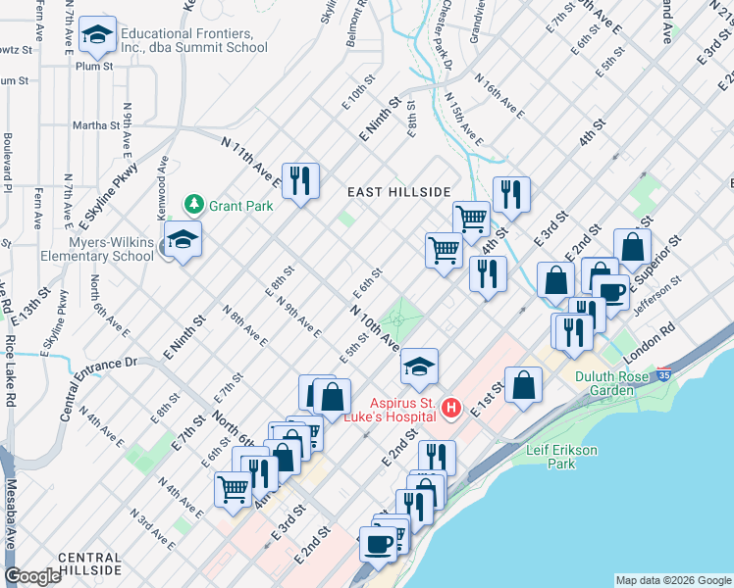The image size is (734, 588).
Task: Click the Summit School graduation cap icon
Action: pos(97,36)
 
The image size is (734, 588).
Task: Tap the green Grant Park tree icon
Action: pos(194,205)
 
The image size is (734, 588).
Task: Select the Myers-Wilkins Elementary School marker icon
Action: pos(182,241)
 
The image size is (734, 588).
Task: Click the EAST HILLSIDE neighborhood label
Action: pos(398,192)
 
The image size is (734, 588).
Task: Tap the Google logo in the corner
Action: pos(32,576)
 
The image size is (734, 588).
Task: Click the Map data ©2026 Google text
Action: pos(672,580)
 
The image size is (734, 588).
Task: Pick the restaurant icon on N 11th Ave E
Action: pos(301,181)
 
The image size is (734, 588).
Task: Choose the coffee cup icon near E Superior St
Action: pos(612,292)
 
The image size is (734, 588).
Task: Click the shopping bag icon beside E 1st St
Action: pos(524,385)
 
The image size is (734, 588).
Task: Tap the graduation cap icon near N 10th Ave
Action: pos(419,367)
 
